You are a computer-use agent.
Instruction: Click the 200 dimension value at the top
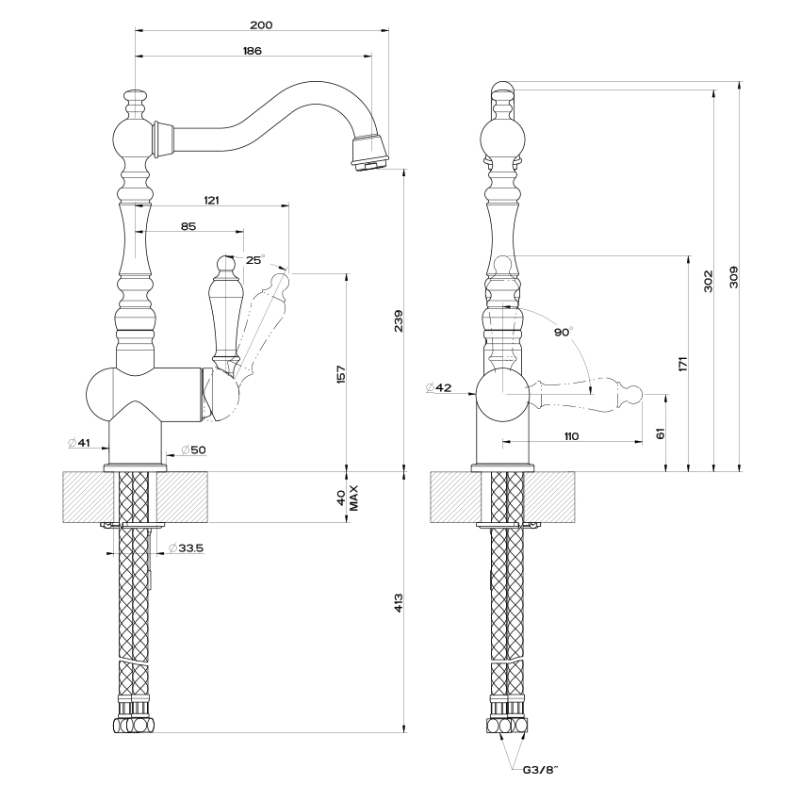point(261,25)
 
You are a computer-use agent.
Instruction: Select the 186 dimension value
point(253,51)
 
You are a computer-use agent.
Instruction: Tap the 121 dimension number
point(211,200)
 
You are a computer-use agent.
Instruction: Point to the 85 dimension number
point(188,226)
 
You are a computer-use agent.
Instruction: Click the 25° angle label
point(255,260)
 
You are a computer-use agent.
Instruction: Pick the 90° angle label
point(564,332)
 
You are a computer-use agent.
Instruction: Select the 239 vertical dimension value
point(399,320)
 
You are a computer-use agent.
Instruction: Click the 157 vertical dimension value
point(341,374)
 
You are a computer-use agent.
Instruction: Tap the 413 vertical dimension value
point(399,603)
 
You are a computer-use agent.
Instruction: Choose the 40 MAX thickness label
point(348,499)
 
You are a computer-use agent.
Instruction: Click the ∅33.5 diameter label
point(186,548)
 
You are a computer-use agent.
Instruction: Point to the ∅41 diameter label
point(78,443)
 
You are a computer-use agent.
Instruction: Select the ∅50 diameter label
point(193,450)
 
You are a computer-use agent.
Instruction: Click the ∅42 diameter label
point(439,387)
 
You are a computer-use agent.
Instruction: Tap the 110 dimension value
point(572,436)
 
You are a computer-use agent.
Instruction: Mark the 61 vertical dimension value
point(661,433)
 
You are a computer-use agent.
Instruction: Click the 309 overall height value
point(733,277)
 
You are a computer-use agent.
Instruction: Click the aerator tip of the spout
point(371,164)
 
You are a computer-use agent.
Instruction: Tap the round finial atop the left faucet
point(136,95)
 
